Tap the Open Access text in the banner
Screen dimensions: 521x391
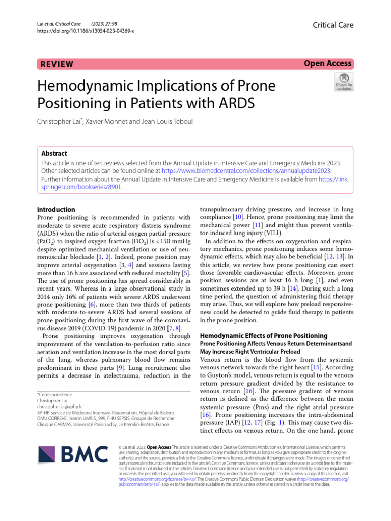pos(328,64)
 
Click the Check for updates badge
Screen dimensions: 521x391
pos(343,82)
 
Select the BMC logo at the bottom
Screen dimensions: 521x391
pos(73,454)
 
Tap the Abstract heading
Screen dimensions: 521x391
pos(53,153)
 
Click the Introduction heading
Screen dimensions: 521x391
pos(57,209)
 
